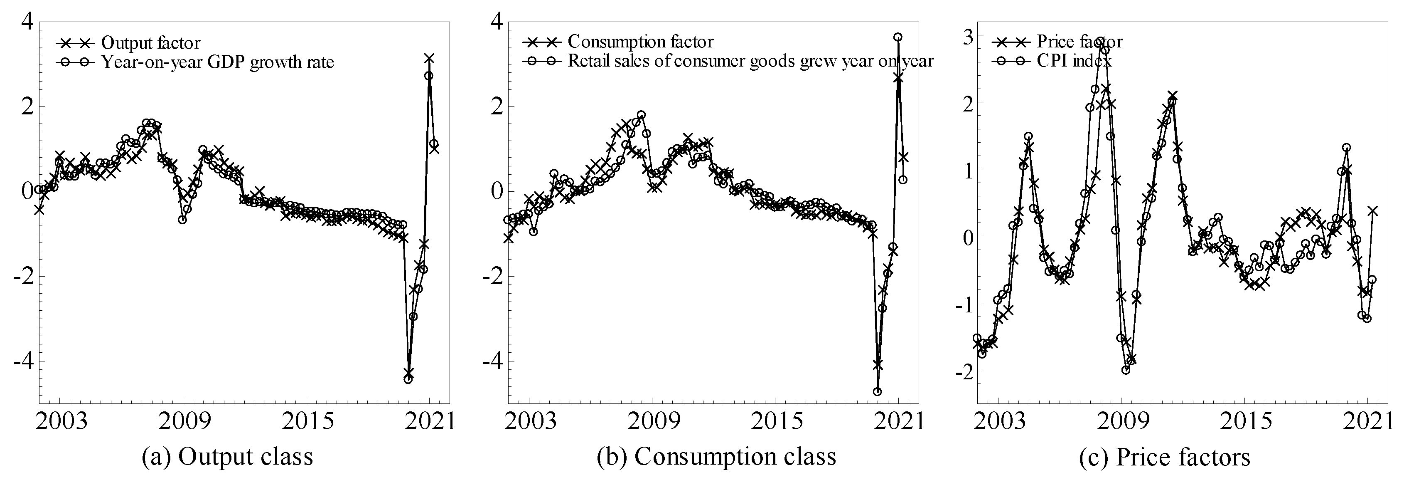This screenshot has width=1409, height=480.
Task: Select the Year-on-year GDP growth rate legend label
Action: (217, 62)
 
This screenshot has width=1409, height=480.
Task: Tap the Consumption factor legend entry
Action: (640, 42)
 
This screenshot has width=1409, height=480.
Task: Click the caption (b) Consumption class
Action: (716, 456)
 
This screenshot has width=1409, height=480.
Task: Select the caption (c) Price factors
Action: (1165, 456)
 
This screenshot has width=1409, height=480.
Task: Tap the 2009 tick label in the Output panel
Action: (182, 422)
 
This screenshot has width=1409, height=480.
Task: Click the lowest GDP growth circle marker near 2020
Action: (408, 379)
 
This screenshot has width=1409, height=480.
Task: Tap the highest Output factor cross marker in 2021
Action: (429, 58)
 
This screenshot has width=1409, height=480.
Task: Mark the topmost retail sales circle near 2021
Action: (898, 37)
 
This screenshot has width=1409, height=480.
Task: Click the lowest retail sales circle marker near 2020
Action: (877, 391)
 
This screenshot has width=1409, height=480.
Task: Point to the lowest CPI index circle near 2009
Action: (1126, 370)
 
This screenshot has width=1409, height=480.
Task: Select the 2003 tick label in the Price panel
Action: (998, 422)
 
